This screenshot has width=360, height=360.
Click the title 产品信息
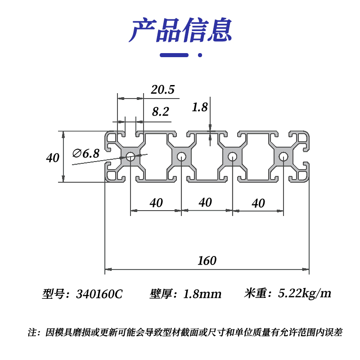180,31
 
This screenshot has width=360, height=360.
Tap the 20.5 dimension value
162,90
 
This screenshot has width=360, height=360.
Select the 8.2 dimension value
160,112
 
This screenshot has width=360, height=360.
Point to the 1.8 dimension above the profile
199,107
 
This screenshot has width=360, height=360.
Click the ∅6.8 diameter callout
86,153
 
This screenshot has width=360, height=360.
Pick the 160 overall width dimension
207,261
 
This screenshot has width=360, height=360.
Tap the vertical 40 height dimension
53,158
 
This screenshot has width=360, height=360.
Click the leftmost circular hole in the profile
130,157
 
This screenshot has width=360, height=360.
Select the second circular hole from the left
182,157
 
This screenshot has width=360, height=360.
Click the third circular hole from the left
233,157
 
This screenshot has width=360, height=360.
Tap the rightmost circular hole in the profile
283,157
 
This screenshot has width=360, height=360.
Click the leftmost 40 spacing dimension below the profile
156,203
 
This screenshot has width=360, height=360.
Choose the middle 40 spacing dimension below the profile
205,202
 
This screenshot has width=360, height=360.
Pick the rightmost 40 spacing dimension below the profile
258,203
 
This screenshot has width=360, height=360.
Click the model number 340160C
99,294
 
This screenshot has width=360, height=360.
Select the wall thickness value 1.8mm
202,294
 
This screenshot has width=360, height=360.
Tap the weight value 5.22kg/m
305,294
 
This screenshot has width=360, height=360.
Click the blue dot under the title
200,55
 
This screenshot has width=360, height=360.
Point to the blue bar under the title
175,55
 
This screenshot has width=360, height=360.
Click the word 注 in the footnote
32,333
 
